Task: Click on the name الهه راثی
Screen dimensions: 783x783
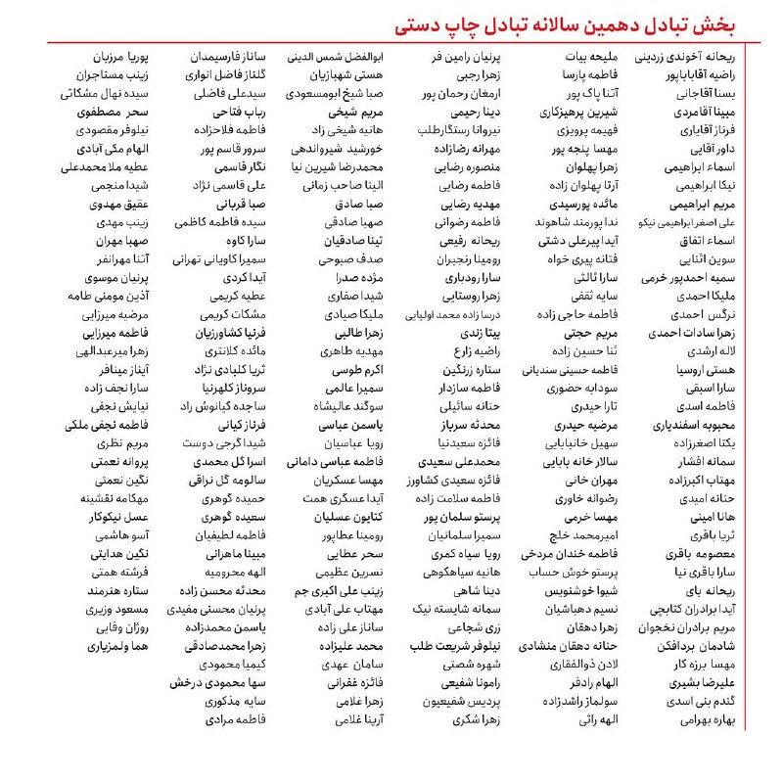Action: click(598, 720)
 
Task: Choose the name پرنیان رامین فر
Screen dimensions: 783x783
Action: click(477, 57)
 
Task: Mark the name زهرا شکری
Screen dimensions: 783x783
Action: click(479, 720)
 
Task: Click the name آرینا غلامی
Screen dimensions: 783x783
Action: click(359, 720)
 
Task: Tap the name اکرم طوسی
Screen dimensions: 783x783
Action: click(357, 371)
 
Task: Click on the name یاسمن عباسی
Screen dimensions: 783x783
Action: click(351, 426)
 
